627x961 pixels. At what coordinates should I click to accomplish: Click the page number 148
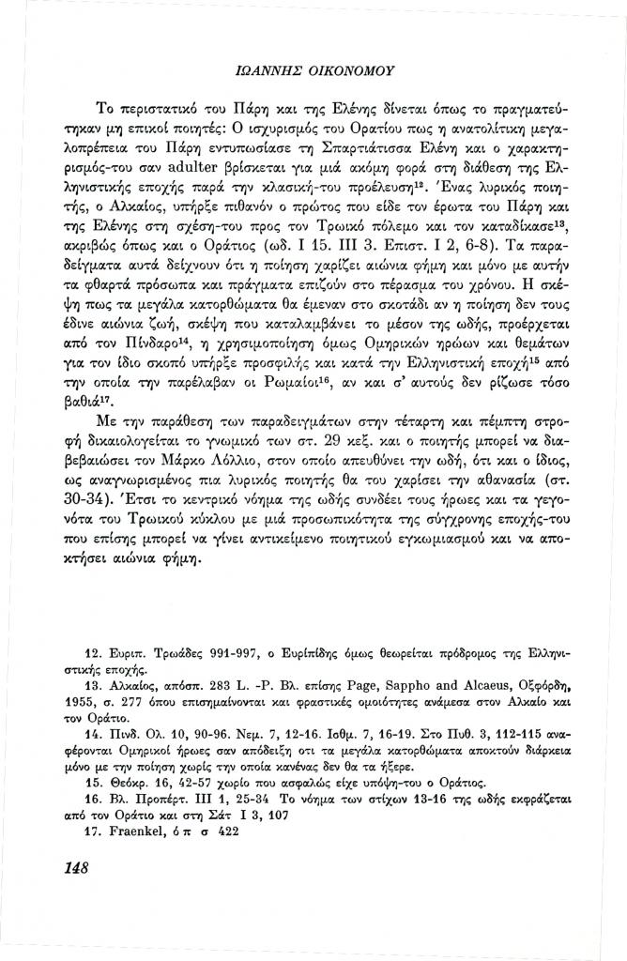click(x=71, y=868)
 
